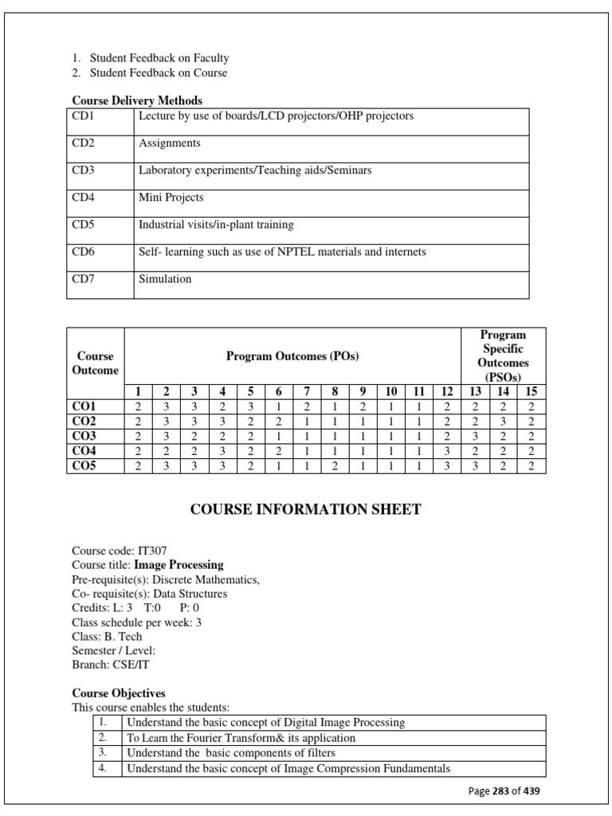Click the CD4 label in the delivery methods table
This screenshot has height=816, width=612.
(83, 198)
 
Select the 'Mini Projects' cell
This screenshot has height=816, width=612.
(171, 198)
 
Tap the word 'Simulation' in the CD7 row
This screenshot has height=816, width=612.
(165, 279)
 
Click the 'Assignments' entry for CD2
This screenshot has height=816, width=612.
(169, 143)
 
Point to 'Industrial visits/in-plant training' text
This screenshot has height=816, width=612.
(216, 225)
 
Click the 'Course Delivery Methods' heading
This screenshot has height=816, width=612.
(137, 100)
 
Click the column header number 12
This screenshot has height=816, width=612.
(446, 391)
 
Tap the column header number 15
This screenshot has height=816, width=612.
(532, 391)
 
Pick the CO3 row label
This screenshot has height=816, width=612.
(84, 436)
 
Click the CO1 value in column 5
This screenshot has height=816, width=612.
(250, 406)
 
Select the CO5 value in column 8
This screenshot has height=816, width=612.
(335, 466)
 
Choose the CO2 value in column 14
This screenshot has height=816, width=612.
(503, 422)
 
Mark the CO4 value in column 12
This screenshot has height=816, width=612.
(446, 451)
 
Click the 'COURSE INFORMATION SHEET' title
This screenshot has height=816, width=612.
(305, 510)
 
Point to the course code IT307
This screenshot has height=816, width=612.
(151, 551)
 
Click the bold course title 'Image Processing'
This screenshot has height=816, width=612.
(178, 565)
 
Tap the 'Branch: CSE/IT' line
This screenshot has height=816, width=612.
(110, 665)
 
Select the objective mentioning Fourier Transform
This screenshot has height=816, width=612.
(241, 738)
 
